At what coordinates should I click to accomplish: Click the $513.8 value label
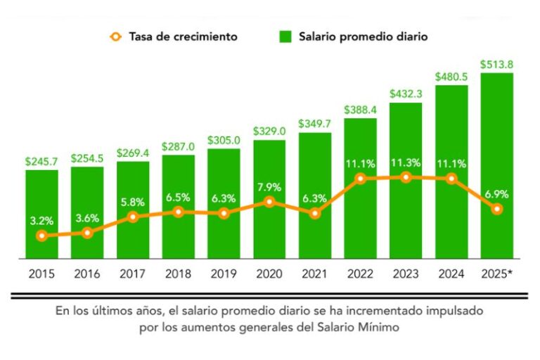(x=496, y=65)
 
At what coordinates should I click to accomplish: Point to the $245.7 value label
(x=41, y=161)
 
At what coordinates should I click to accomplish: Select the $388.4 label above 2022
(x=360, y=110)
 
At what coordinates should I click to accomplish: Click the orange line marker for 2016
(x=87, y=233)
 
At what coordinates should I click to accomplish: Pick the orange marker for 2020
(x=269, y=202)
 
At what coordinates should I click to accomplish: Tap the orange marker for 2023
(x=406, y=177)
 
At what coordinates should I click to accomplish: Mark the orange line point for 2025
(x=497, y=209)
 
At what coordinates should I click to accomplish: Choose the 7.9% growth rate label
(x=269, y=186)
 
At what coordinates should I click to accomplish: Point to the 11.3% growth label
(x=406, y=162)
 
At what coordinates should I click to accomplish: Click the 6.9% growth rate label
(x=496, y=193)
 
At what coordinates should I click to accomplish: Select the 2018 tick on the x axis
(x=178, y=274)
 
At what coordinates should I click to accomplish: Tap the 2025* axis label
(x=496, y=274)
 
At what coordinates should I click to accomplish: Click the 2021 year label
(x=314, y=274)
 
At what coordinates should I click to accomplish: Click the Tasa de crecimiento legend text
(x=183, y=36)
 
